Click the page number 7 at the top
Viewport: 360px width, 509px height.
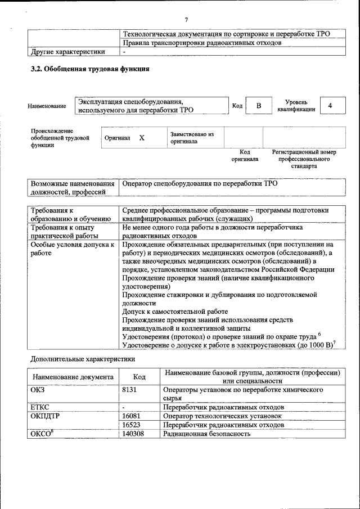point(186,20)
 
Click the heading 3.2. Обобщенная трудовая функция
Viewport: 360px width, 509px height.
point(89,70)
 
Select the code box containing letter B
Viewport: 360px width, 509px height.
point(259,106)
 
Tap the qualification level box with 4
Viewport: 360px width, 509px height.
point(330,106)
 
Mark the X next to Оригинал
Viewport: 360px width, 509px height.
point(142,138)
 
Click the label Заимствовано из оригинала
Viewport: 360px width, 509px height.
point(192,138)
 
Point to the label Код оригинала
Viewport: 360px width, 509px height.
point(245,156)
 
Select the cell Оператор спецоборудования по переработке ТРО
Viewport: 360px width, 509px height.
point(200,183)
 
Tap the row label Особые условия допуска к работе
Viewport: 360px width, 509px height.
point(72,249)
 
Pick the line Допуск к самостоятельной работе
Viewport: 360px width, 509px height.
point(175,311)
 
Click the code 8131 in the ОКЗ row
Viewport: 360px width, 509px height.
point(130,389)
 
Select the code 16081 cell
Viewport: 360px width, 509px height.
point(131,416)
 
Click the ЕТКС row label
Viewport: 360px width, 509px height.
point(40,407)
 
